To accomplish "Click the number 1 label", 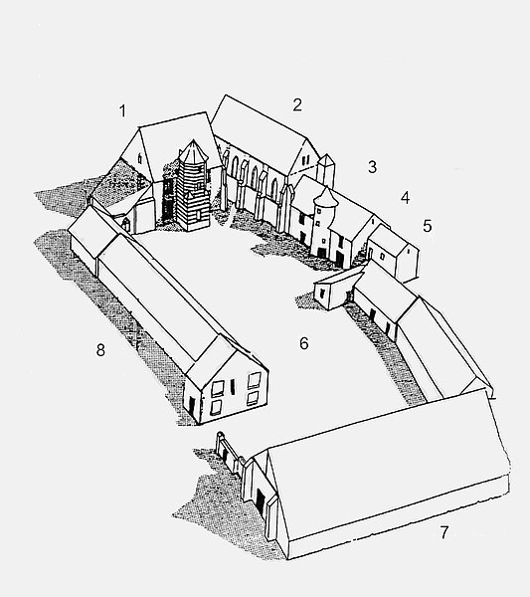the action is (122, 110).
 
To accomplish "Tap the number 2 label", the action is (297, 104).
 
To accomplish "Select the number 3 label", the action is (372, 167).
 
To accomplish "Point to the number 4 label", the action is (405, 198).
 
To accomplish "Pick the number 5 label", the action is (428, 226).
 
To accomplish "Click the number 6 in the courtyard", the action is (303, 343).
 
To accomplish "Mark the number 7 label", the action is (444, 532).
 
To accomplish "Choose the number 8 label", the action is (100, 349).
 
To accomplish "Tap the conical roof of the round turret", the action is (326, 197).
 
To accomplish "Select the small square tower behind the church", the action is (326, 171).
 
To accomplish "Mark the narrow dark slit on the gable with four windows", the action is (233, 386).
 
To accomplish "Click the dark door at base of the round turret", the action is (322, 253).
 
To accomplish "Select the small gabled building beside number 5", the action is (393, 253).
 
